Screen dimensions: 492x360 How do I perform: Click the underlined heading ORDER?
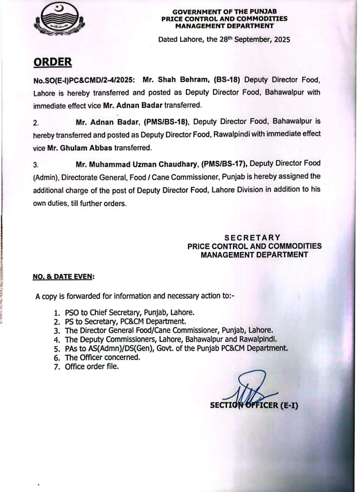(53, 62)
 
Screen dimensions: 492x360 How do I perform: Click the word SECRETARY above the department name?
(252, 238)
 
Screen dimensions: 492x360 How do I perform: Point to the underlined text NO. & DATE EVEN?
(64, 276)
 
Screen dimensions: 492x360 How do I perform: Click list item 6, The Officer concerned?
(102, 357)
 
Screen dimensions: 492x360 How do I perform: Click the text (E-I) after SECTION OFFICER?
(288, 405)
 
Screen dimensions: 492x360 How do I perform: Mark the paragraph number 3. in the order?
(36, 165)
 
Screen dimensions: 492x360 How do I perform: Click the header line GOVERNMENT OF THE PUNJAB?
(225, 12)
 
